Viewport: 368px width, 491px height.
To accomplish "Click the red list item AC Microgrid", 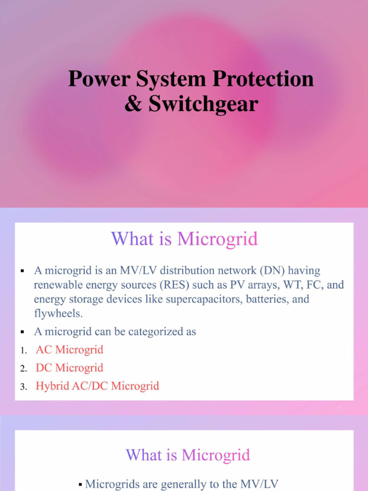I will point(69,350).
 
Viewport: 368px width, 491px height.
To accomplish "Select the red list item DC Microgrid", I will point(69,368).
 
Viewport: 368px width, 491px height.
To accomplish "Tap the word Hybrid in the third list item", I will point(52,386).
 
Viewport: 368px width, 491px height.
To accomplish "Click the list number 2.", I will point(23,369).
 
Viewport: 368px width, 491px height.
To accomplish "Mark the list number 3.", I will point(23,387).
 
